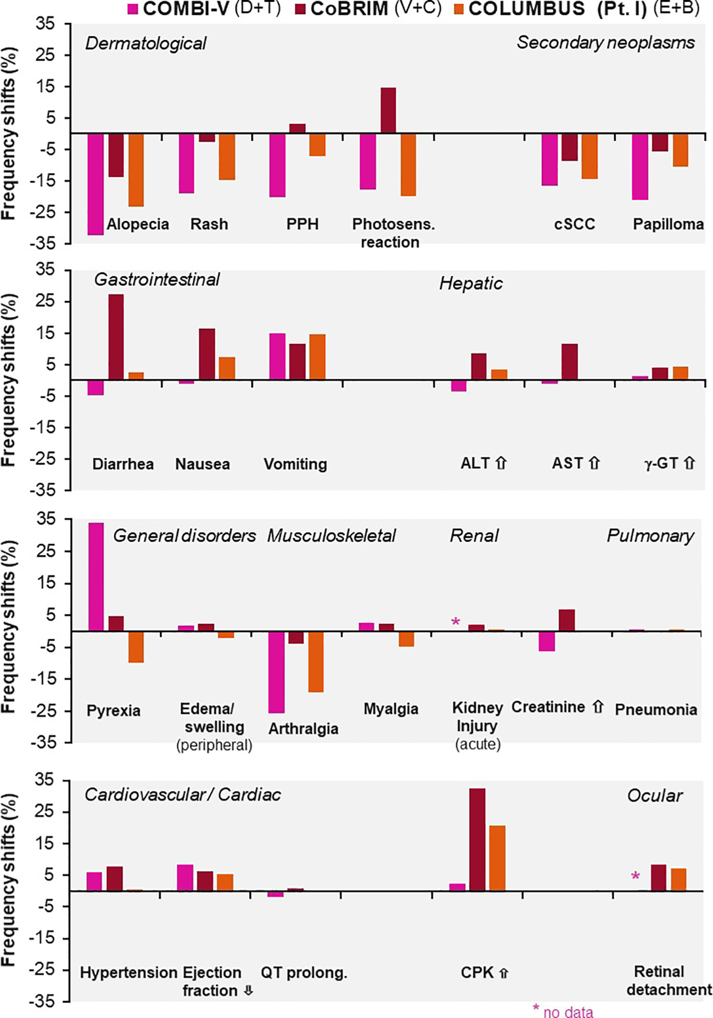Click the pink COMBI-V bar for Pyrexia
point(96,577)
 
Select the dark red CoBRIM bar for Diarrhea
point(116,337)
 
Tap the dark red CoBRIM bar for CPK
point(477,840)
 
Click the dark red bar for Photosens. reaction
point(388,110)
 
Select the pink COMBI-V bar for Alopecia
point(96,184)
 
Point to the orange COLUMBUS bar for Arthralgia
point(316,662)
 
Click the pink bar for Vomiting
point(278,356)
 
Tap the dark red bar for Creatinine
point(566,620)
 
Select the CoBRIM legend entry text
point(349,9)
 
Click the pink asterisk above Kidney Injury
point(456,622)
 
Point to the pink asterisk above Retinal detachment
point(635,877)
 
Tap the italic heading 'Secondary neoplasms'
point(605,42)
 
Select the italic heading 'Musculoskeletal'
point(331,536)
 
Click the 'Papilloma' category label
point(668,224)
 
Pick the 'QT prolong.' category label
point(304,972)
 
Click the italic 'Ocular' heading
point(655,796)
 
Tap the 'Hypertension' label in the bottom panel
point(128,972)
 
